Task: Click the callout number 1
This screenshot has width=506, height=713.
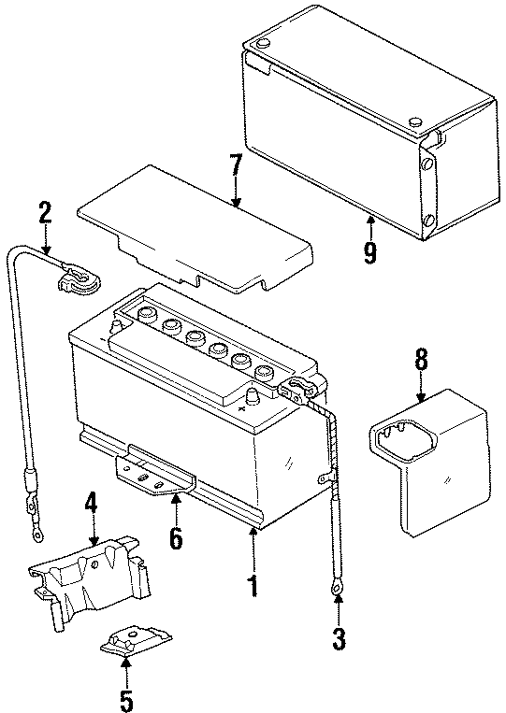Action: [x=251, y=586]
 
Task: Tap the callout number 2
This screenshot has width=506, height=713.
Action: [x=44, y=214]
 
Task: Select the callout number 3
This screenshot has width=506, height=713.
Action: [x=339, y=639]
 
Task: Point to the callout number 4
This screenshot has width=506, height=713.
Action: [x=91, y=506]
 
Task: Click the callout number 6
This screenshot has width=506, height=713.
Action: [x=175, y=538]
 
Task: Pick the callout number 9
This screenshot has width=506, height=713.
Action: [x=370, y=251]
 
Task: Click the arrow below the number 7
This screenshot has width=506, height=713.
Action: [x=236, y=195]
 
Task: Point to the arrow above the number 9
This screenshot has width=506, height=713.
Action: [x=370, y=223]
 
